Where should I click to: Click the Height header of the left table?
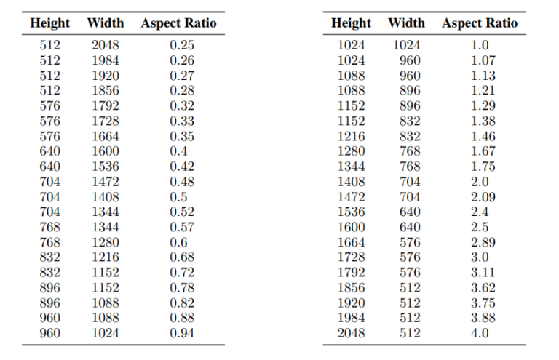coord(50,23)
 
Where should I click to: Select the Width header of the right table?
coord(406,23)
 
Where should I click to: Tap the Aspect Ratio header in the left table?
coord(178,23)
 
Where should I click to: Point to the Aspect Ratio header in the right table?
coord(480,23)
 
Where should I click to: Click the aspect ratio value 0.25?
coord(182,45)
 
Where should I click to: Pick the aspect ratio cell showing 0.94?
coord(182,333)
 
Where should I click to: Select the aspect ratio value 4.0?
coord(480,333)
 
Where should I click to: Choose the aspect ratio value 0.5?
coord(179,197)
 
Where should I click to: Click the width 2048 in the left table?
coord(106,45)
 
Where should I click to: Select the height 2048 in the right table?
coord(352,333)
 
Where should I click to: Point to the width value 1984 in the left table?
coord(106,60)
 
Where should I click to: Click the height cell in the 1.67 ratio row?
coord(352,151)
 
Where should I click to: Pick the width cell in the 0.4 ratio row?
coord(106,151)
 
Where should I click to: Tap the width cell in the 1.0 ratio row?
coord(407,45)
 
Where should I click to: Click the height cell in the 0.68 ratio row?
coord(50,257)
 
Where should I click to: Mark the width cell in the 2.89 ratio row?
coord(410,242)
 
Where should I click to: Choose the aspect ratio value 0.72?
coord(182,273)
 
